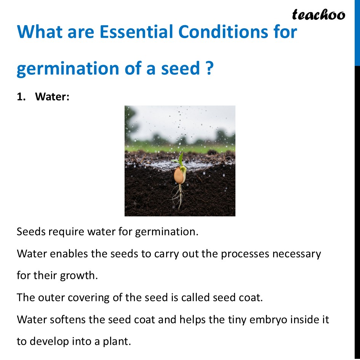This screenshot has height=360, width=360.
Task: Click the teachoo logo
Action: click(318, 15)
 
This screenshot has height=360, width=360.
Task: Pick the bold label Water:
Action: click(52, 97)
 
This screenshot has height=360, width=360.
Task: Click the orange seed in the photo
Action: click(179, 176)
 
